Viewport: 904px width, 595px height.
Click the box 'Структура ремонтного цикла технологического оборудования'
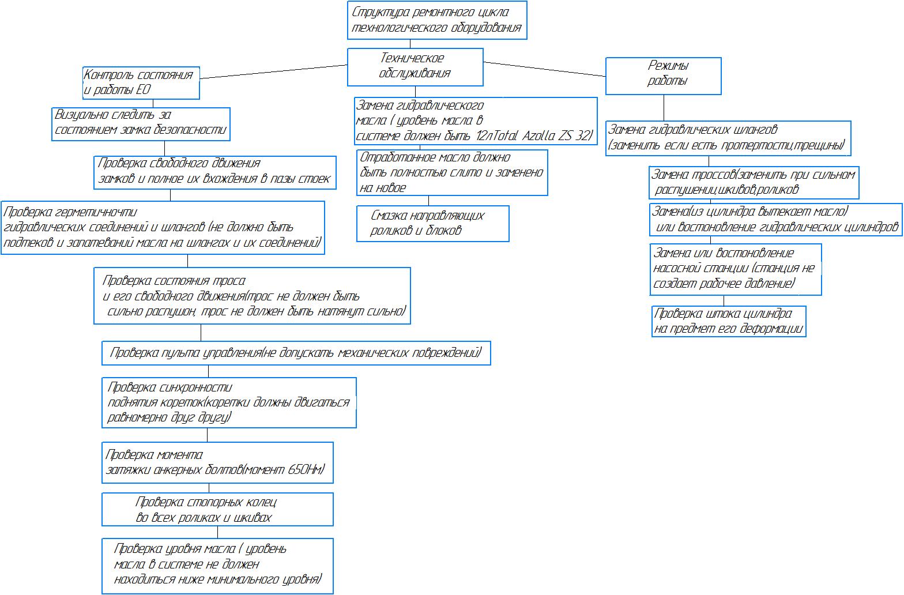437,20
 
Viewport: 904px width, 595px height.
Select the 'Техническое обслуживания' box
415,66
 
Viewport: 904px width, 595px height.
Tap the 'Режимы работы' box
663,76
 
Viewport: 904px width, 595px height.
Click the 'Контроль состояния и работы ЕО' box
141,82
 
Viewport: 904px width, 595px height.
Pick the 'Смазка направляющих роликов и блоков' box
432,223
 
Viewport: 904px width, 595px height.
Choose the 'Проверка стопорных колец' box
217,509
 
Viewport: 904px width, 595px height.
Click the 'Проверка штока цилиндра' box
728,322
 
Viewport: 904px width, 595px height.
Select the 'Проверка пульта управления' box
296,353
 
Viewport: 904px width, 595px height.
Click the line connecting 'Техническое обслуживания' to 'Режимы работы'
544,69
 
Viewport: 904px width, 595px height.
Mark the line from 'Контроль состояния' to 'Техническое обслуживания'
273,73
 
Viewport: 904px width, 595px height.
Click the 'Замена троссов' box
754,182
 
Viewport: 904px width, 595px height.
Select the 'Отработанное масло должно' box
452,172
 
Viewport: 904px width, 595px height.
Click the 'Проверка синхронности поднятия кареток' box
229,402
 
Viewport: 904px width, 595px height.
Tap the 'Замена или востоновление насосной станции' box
736,269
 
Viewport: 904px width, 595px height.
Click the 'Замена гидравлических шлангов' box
728,138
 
